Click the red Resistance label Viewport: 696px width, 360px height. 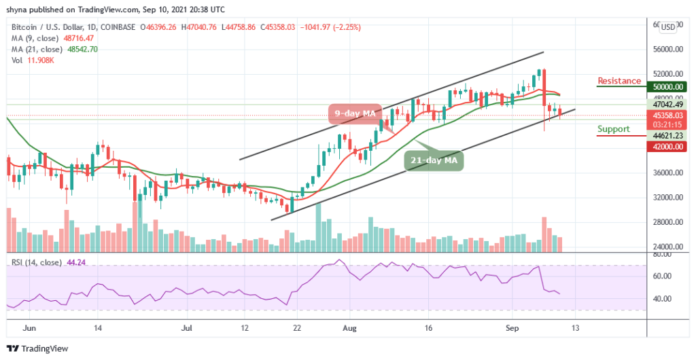point(619,81)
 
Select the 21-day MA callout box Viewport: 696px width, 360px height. point(434,160)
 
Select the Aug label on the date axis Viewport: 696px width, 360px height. point(351,326)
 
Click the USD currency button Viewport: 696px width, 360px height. point(668,27)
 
